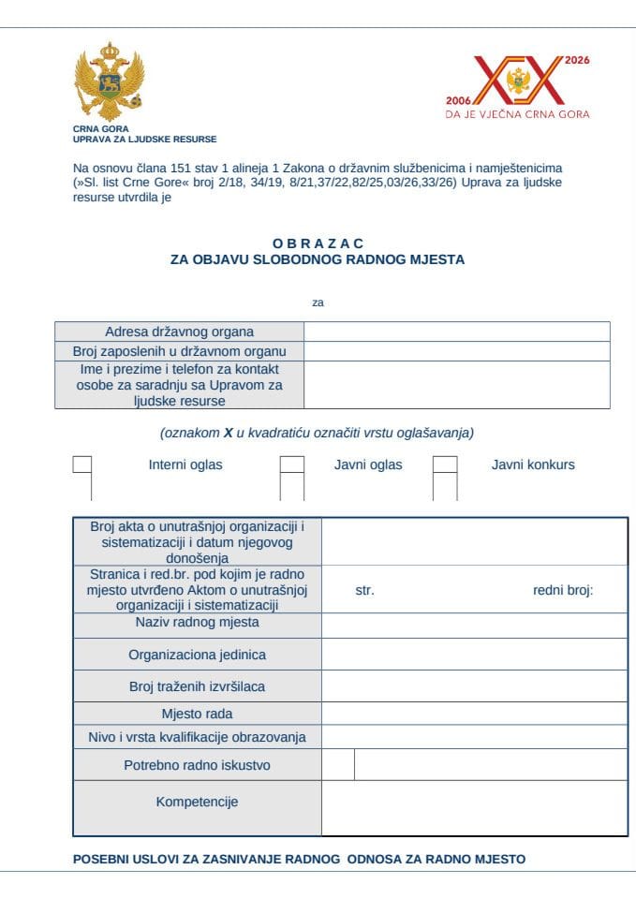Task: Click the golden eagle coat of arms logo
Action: pos(109,81)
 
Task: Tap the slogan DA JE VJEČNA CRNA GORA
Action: pos(517,115)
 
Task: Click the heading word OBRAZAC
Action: pos(318,243)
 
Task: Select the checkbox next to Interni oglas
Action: pos(82,464)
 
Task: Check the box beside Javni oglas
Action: pos(292,464)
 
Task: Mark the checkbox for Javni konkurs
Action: pos(445,464)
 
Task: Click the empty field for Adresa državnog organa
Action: pos(456,332)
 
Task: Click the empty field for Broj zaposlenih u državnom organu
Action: pos(456,351)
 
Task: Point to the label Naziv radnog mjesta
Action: pos(197,623)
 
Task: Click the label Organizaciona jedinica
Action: pos(197,655)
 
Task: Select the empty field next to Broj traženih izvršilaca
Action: pos(474,685)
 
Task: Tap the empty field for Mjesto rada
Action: pos(474,714)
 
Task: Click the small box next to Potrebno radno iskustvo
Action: pos(338,764)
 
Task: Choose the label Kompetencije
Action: pos(197,802)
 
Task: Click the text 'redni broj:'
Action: pos(563,591)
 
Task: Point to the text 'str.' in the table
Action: pos(365,591)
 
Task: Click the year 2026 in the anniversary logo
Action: pos(577,60)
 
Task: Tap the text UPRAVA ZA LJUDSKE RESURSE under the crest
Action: pos(144,139)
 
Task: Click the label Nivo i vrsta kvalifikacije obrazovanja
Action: pos(197,737)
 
